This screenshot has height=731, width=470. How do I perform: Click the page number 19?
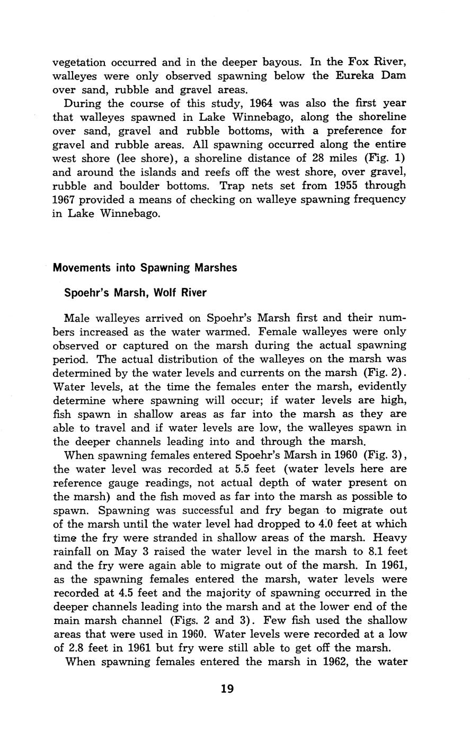227,689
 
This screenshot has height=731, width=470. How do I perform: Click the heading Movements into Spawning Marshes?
145,267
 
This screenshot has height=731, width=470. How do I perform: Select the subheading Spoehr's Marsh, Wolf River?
135,292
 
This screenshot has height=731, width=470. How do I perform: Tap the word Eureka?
356,75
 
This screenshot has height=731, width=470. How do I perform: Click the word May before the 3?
126,551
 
